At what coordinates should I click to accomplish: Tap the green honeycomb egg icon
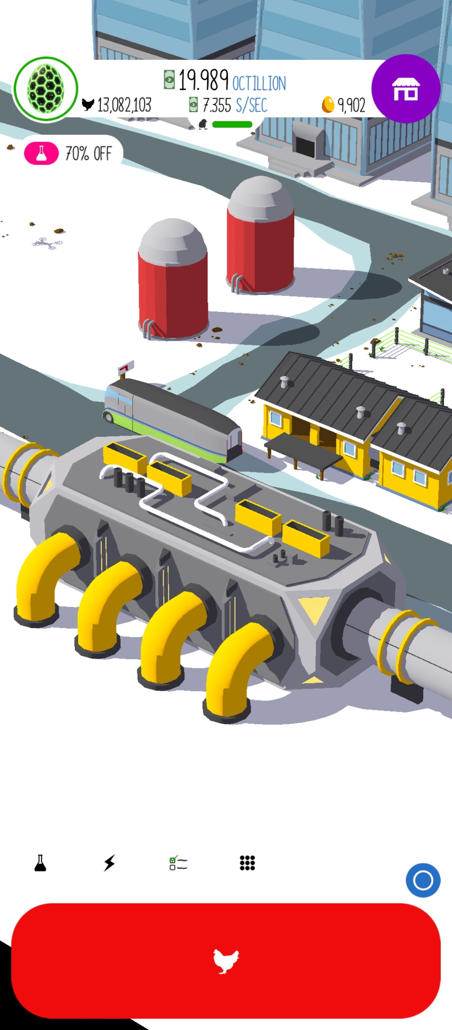pos(46,89)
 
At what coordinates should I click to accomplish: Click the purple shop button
pos(405,89)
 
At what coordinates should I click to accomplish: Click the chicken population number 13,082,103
pos(124,105)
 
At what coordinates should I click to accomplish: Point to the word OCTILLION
pos(259,83)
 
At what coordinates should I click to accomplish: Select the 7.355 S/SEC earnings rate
pos(234,105)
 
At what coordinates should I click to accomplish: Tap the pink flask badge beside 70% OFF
pos(41,153)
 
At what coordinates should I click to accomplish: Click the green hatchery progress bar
pos(232,124)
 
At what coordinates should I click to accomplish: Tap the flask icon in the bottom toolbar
pos(40,863)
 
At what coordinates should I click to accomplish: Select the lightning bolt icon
pos(109,863)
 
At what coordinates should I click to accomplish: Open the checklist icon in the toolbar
pos(178,863)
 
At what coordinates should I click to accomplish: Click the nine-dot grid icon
pos(247,863)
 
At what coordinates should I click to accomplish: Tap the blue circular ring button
pos(423,880)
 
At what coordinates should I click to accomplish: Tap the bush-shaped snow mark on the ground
pos(48,243)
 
